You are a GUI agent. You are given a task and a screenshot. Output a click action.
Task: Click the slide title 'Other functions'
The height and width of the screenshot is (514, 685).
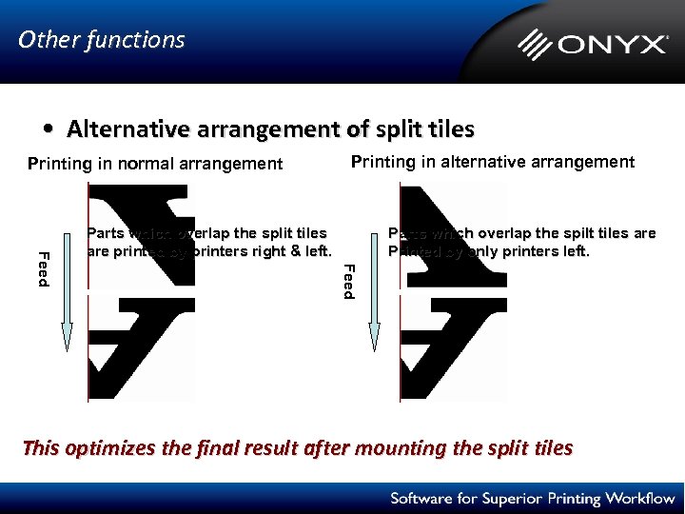102,40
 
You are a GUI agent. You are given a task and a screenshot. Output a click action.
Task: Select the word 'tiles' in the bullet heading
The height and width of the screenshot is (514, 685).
451,128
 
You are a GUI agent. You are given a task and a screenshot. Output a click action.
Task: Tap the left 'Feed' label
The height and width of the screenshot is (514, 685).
43,266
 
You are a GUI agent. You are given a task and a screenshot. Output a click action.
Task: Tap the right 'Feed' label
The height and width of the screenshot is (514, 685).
349,281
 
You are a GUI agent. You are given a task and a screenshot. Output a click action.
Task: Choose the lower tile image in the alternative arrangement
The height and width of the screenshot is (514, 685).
453,347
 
